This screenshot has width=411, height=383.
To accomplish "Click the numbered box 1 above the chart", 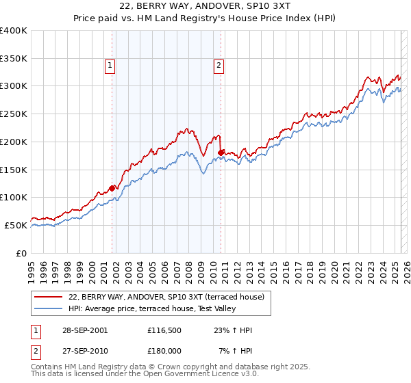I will point(110,66).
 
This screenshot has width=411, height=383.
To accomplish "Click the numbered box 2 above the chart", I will point(219,66).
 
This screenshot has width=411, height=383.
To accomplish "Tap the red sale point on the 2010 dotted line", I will point(221,153).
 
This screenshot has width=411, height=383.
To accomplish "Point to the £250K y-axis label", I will point(13,114).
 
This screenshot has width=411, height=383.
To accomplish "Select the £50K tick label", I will point(15,225).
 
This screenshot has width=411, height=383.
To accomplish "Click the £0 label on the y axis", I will point(22,253).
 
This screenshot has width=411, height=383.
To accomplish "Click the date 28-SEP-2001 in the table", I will point(80,330).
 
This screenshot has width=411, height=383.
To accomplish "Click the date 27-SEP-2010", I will point(80,351).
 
